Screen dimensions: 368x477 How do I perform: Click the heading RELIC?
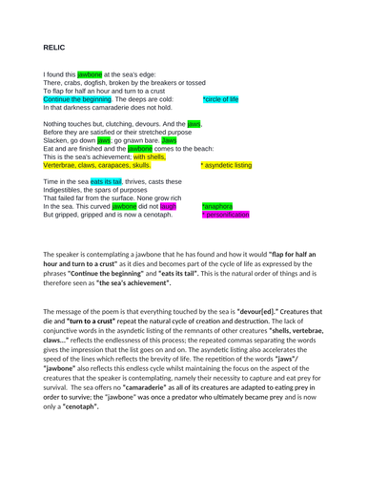[x=54, y=45]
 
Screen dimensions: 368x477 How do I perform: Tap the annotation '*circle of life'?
[x=220, y=98]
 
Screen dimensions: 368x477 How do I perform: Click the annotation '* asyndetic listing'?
[x=226, y=165]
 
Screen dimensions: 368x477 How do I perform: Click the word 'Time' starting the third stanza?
[x=52, y=180]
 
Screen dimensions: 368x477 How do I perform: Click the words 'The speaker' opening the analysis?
[x=63, y=255]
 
